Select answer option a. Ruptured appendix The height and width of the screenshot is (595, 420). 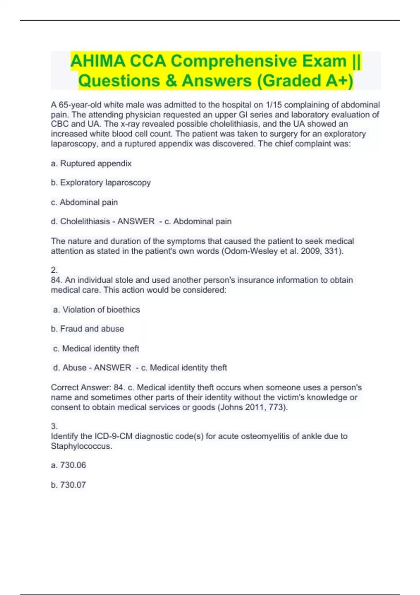91,163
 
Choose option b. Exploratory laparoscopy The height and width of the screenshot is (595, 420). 101,183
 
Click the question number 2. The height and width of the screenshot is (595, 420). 54,270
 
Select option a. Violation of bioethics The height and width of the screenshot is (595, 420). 96,310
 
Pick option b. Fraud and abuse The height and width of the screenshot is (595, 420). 87,329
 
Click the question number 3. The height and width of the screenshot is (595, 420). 54,426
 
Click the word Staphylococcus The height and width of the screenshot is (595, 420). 81,446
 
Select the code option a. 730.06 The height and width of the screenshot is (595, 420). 69,465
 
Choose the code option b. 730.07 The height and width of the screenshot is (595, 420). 69,485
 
